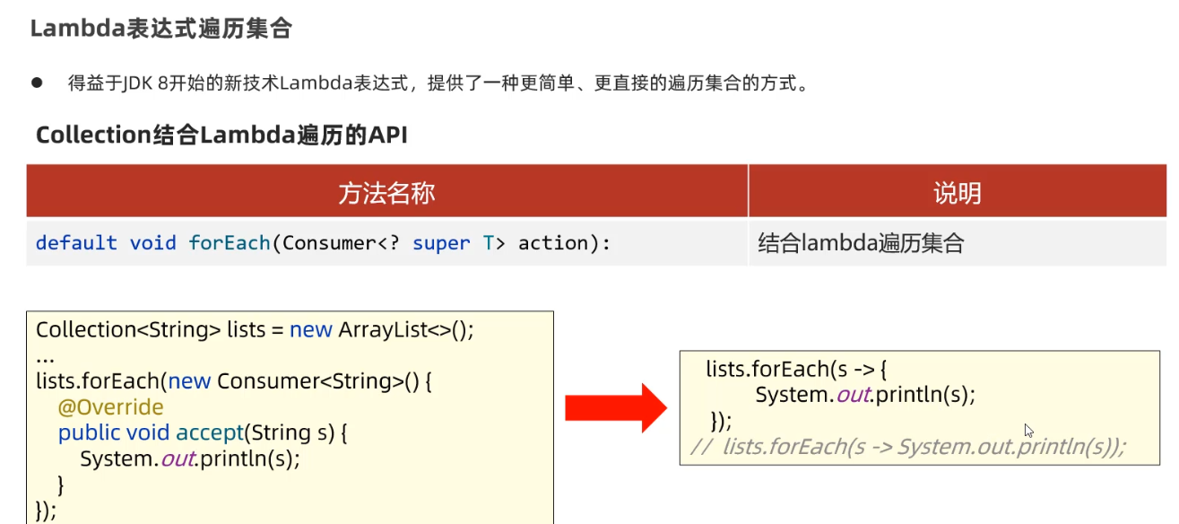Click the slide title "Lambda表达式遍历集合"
[161, 29]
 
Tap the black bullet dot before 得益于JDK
[38, 83]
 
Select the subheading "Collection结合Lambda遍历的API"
[221, 135]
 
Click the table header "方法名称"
[386, 192]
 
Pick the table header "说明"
[957, 192]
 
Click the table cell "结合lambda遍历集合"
[861, 243]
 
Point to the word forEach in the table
[230, 243]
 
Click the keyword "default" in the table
[76, 243]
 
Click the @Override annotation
[111, 407]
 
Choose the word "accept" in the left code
[210, 432]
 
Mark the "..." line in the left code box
[46, 356]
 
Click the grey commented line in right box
[907, 447]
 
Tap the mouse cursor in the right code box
[1029, 431]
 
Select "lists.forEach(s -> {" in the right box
[796, 369]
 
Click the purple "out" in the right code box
[853, 395]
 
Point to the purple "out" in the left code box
[178, 458]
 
